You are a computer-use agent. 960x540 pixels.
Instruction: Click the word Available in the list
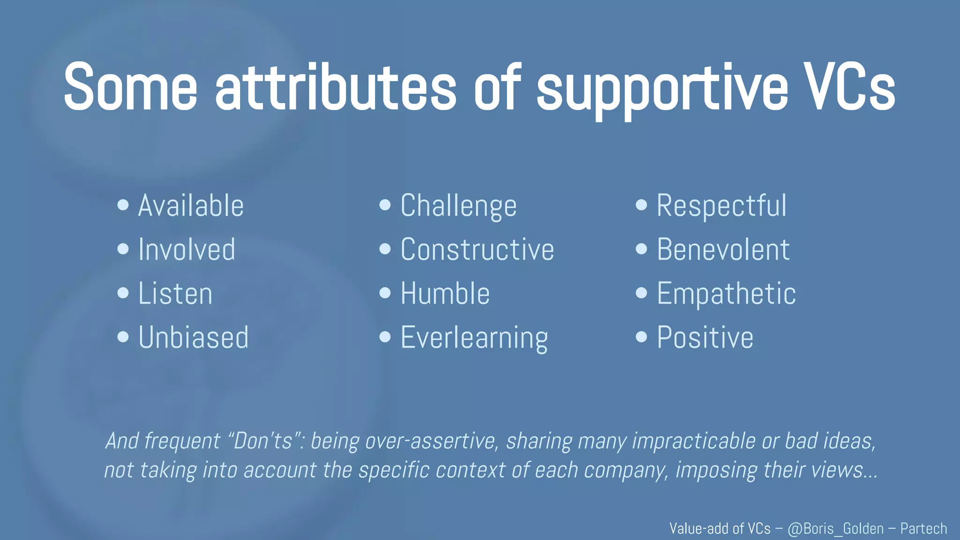click(x=191, y=206)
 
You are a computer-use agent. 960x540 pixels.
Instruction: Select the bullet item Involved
click(x=187, y=249)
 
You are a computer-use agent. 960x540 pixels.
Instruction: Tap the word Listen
click(x=175, y=293)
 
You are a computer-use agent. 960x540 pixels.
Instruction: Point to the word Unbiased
click(x=193, y=337)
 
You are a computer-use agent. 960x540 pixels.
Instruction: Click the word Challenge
click(x=458, y=206)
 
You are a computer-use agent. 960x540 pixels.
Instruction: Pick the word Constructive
click(x=477, y=249)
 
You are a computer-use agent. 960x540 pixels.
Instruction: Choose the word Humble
click(x=445, y=293)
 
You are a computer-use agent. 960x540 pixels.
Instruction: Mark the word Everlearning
click(x=474, y=337)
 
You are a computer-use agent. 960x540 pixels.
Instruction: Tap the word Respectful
click(x=721, y=206)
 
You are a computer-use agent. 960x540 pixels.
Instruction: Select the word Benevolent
click(x=723, y=249)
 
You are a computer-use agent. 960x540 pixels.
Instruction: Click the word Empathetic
click(x=726, y=293)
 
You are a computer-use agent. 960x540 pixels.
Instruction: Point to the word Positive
click(x=705, y=337)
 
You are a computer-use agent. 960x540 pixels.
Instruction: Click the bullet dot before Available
click(x=123, y=205)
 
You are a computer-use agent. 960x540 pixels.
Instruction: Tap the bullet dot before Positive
click(x=642, y=337)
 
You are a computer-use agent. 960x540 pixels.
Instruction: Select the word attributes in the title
click(x=336, y=88)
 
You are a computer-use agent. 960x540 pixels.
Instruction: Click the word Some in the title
click(x=130, y=88)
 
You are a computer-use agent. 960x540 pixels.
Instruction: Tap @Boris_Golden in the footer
click(x=835, y=529)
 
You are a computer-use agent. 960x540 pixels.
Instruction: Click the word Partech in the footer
click(x=923, y=529)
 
